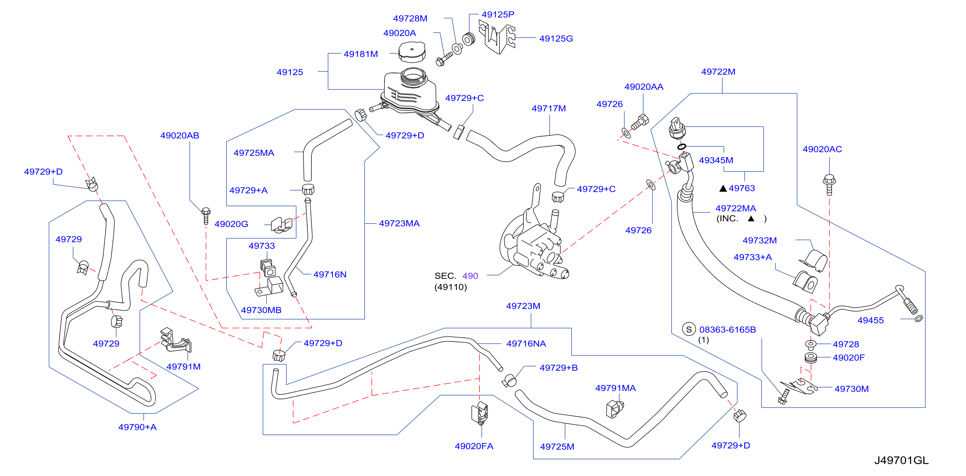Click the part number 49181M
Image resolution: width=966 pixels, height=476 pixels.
point(360,54)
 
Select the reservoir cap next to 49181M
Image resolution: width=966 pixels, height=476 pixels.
point(412,51)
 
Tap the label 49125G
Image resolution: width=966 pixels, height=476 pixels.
point(556,38)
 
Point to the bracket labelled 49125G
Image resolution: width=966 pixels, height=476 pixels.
point(497,38)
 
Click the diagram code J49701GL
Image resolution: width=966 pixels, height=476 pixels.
point(901,460)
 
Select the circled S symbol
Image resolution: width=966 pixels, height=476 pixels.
point(689,329)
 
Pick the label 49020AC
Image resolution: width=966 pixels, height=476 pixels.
point(822,149)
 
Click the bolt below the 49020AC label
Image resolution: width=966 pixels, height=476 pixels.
point(829,184)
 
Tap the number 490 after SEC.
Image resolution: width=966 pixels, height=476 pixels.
point(470,276)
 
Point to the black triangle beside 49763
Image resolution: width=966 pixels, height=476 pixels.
point(723,188)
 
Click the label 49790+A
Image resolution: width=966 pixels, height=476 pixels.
point(137,427)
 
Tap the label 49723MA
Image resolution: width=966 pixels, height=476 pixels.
point(399,224)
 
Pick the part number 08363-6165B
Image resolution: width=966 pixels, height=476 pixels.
point(727,330)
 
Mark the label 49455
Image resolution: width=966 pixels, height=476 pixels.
point(870,320)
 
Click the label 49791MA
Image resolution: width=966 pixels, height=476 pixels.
point(615,388)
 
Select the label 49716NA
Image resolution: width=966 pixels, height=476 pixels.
point(526,344)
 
